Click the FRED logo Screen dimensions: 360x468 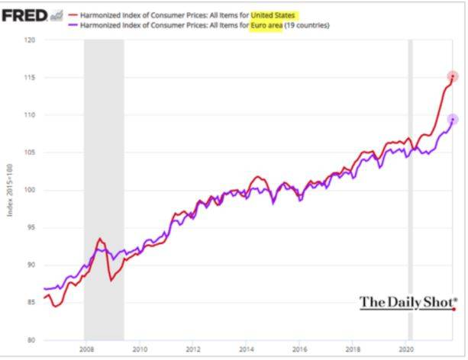point(27,15)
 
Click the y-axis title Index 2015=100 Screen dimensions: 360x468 point(11,190)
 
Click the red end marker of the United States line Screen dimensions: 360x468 point(452,76)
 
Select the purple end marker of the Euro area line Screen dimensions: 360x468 point(452,120)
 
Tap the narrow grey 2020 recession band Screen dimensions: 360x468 point(410,191)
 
